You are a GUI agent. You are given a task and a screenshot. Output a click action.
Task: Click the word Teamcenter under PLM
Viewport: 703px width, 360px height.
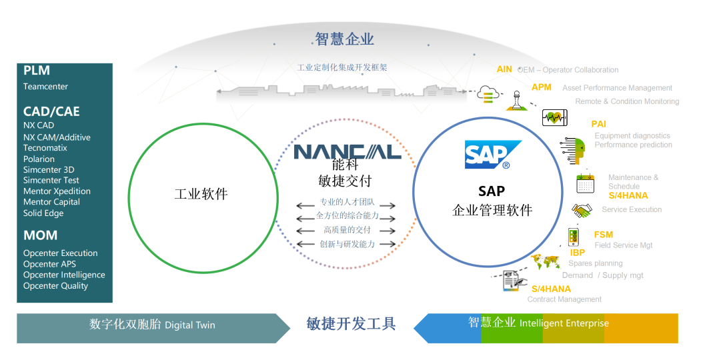pos(45,87)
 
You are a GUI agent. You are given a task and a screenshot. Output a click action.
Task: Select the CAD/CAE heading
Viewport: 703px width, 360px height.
pos(51,111)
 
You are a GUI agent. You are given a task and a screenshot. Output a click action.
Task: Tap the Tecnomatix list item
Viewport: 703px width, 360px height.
pos(45,148)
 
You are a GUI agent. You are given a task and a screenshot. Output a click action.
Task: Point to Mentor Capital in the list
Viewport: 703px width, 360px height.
pos(51,202)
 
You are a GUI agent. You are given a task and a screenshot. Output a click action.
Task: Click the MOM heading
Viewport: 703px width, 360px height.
pos(40,235)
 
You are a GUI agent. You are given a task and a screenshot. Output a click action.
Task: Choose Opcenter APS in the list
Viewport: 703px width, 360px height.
pos(49,264)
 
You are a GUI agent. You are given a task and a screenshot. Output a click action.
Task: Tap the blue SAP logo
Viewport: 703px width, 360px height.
pos(489,155)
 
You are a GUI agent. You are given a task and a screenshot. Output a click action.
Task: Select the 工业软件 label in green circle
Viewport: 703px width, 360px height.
pos(201,195)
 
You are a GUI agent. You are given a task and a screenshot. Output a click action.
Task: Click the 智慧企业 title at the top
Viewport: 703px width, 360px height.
pos(344,39)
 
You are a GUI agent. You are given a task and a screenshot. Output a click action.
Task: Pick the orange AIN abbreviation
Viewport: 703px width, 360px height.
pos(504,69)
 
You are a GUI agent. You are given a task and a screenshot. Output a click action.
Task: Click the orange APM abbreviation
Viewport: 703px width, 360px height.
pos(542,87)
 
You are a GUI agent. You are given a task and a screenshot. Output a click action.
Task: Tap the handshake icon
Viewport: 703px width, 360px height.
pos(582,211)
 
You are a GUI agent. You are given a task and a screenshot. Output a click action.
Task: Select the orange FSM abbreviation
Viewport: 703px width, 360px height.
pos(604,235)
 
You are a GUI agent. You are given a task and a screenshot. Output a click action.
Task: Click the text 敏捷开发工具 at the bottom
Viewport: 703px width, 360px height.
pos(351,324)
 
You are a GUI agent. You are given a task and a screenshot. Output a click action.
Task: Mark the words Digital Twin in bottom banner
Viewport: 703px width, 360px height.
pos(190,325)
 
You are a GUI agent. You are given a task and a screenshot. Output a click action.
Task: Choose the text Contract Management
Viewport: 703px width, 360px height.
pos(564,299)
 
